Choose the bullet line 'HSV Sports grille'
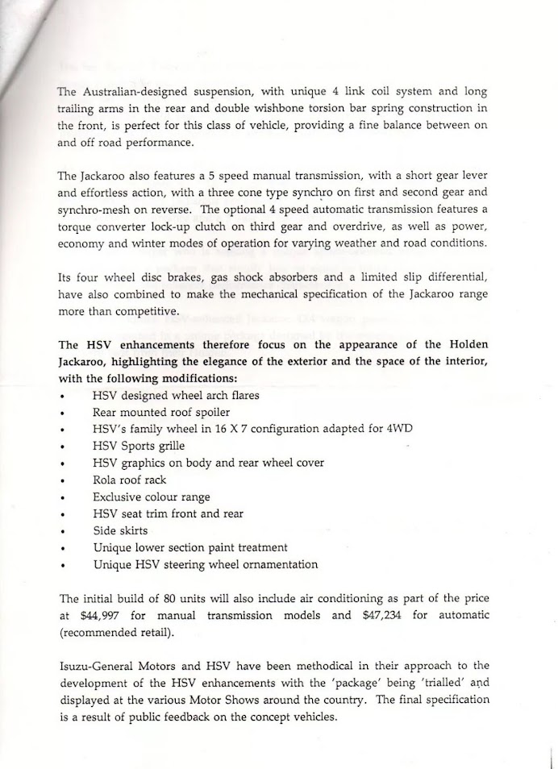point(138,445)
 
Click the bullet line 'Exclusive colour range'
point(151,497)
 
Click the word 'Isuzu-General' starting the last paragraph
point(95,665)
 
